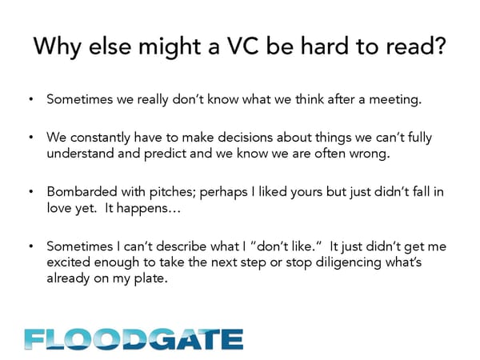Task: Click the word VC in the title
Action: [x=243, y=46]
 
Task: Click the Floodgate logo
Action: [x=134, y=339]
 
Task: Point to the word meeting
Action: [x=395, y=100]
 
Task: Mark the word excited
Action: [x=68, y=262]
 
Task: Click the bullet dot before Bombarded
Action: [x=31, y=192]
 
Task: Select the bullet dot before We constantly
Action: [x=31, y=137]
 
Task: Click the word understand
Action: [x=80, y=153]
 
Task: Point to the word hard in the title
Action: [x=325, y=46]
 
